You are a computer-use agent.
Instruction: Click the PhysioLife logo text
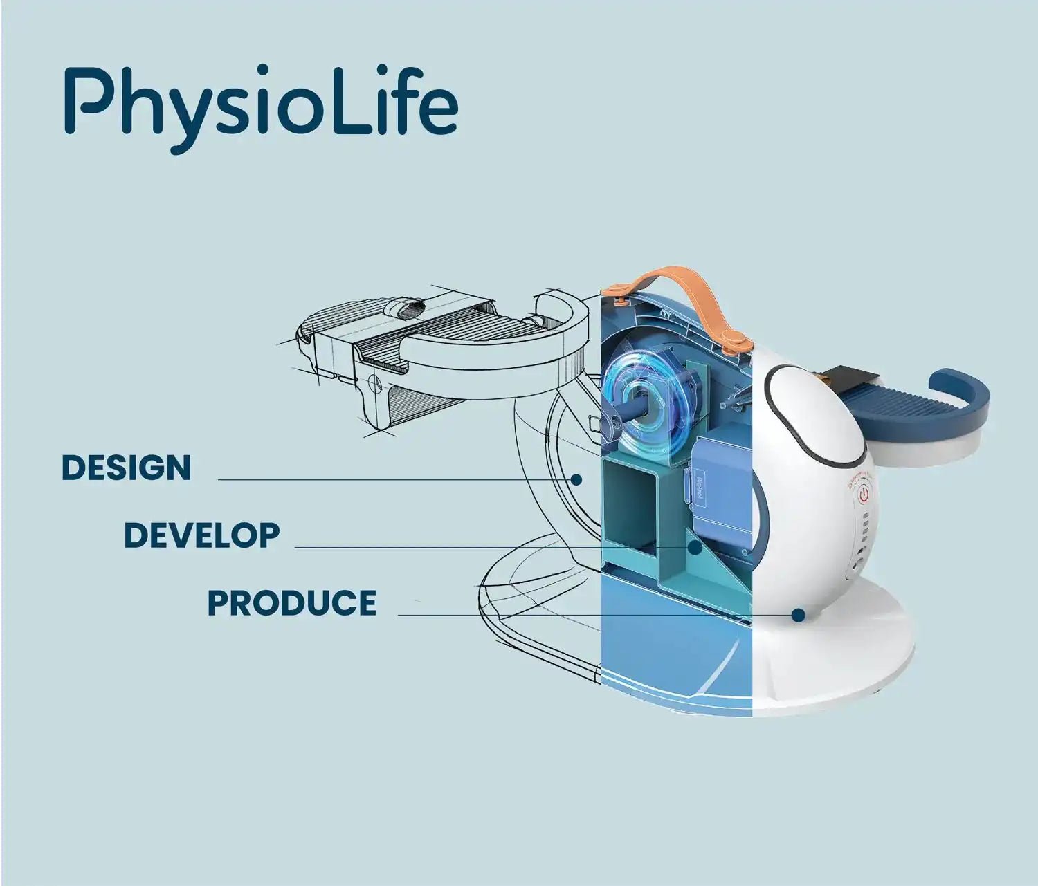coord(261,108)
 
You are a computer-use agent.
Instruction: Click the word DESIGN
coord(126,468)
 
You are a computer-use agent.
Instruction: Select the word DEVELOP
coord(201,535)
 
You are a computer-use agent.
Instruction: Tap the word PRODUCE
coord(292,602)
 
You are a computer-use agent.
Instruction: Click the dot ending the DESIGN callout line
coord(577,479)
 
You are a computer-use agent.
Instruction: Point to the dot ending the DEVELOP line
coord(695,547)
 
